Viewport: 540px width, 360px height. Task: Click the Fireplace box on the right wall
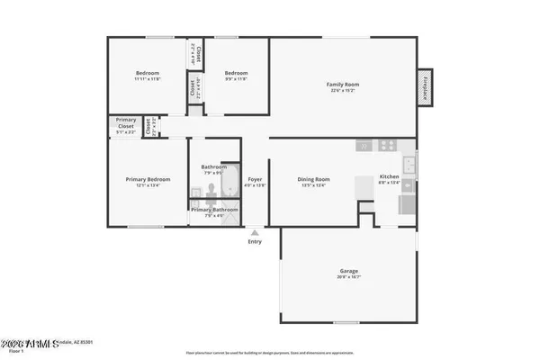pyautogui.click(x=426, y=89)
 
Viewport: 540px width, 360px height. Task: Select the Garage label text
pyautogui.click(x=350, y=271)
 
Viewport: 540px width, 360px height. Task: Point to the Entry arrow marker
pyautogui.click(x=255, y=232)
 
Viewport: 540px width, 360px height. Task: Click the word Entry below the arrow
pyautogui.click(x=255, y=241)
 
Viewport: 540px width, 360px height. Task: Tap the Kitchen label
pyautogui.click(x=389, y=176)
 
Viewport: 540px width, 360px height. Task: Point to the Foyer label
pyautogui.click(x=255, y=179)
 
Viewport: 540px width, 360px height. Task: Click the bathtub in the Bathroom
pyautogui.click(x=231, y=180)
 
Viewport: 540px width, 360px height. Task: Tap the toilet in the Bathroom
pyautogui.click(x=209, y=189)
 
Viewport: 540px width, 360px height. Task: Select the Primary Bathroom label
pyautogui.click(x=213, y=210)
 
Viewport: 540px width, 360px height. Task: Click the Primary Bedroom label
pyautogui.click(x=147, y=179)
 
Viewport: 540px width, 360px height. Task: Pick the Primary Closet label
pyautogui.click(x=126, y=126)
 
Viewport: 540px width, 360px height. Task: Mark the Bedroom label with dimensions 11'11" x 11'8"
pyautogui.click(x=148, y=73)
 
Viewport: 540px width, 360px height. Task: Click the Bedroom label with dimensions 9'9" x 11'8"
pyautogui.click(x=236, y=73)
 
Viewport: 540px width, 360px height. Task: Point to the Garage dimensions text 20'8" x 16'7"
pyautogui.click(x=350, y=277)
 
